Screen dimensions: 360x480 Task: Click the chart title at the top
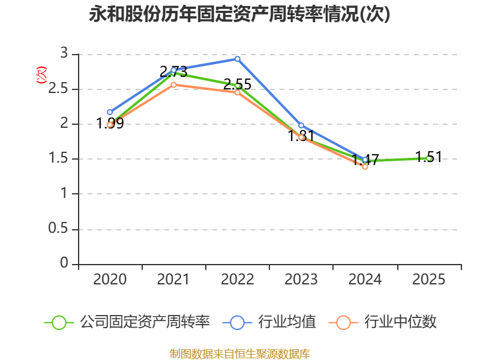[240, 14]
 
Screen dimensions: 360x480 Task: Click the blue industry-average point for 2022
[238, 59]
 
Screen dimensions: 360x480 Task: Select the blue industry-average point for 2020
[110, 112]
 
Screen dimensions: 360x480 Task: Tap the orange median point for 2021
[173, 85]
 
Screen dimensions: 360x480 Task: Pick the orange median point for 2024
[365, 167]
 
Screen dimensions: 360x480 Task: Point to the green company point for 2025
[428, 158]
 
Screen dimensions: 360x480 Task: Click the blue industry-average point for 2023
[301, 125]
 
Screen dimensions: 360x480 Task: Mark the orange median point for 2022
[238, 92]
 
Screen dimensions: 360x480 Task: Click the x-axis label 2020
[110, 280]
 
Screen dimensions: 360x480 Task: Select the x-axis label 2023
[301, 280]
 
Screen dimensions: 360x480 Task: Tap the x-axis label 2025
[428, 280]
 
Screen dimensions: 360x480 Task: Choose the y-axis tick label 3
[65, 54]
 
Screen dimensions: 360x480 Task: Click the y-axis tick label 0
[65, 264]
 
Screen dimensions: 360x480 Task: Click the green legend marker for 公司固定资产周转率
[59, 322]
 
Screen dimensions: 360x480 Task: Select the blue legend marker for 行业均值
[237, 322]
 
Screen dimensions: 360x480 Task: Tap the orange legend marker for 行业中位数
[343, 322]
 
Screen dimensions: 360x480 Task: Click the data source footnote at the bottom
[240, 353]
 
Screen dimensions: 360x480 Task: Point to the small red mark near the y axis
[41, 75]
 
